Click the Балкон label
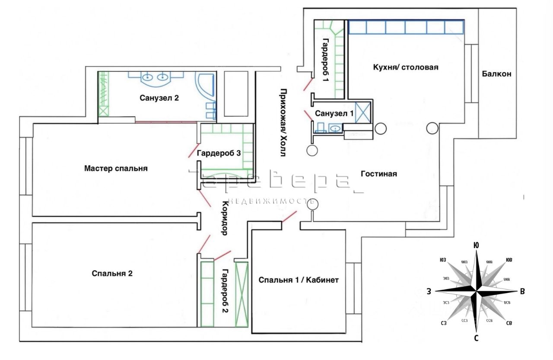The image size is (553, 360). point(496,74)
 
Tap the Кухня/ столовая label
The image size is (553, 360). point(405,67)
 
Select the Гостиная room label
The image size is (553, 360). point(378,174)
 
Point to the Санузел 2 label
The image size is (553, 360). point(159,98)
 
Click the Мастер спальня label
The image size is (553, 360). point(116,169)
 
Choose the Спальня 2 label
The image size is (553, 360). point(112,273)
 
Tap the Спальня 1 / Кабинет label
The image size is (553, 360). point(299,280)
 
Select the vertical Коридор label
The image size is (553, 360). point(225,218)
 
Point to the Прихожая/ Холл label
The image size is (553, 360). point(283,123)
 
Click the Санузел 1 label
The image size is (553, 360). point(334,114)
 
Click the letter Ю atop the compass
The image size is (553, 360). point(476,245)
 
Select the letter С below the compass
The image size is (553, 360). point(476,338)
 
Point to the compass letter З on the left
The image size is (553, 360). point(429,292)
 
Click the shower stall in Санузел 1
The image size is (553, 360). point(362,112)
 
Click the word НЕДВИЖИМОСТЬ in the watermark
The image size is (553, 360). point(270,201)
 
